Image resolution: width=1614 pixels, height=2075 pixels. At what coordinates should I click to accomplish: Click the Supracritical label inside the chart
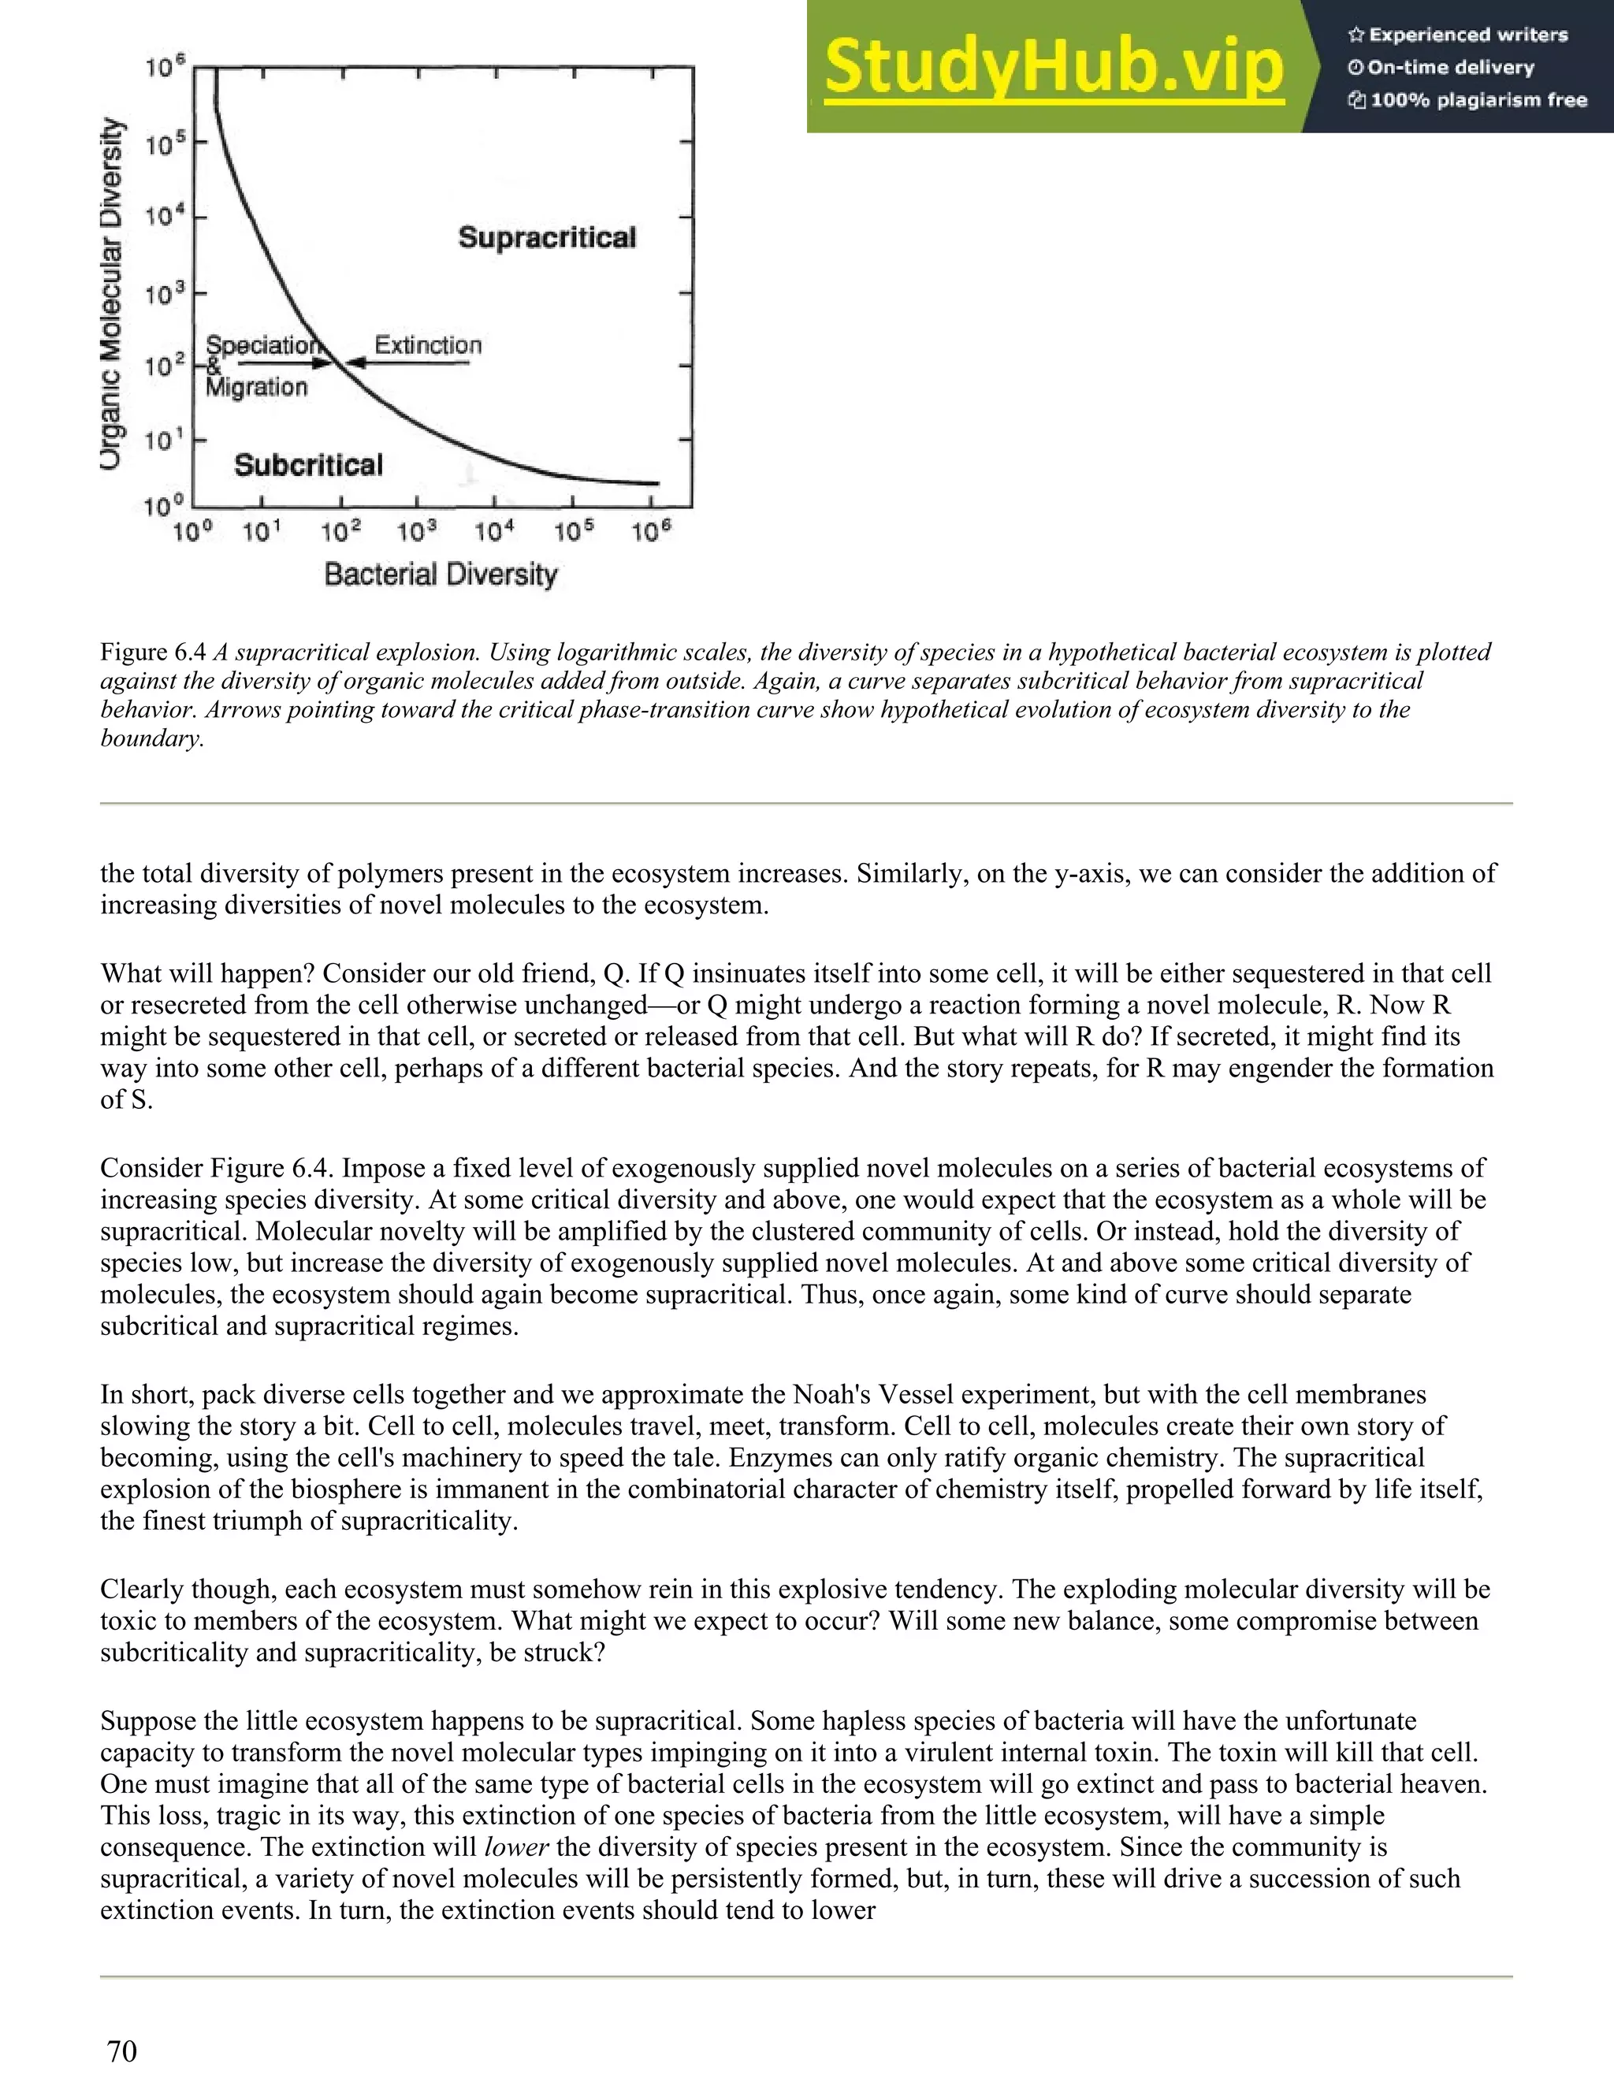547,237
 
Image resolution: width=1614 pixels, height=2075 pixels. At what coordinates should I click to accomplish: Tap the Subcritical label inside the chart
308,465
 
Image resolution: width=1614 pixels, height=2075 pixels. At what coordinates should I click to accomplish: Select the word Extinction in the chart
427,345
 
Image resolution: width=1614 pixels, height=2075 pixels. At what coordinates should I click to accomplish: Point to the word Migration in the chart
256,388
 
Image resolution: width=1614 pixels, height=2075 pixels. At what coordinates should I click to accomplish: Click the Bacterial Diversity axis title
441,575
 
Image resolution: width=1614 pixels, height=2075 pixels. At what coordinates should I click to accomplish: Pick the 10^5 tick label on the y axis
163,144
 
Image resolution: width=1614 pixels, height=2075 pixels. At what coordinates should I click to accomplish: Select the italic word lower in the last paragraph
517,1847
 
